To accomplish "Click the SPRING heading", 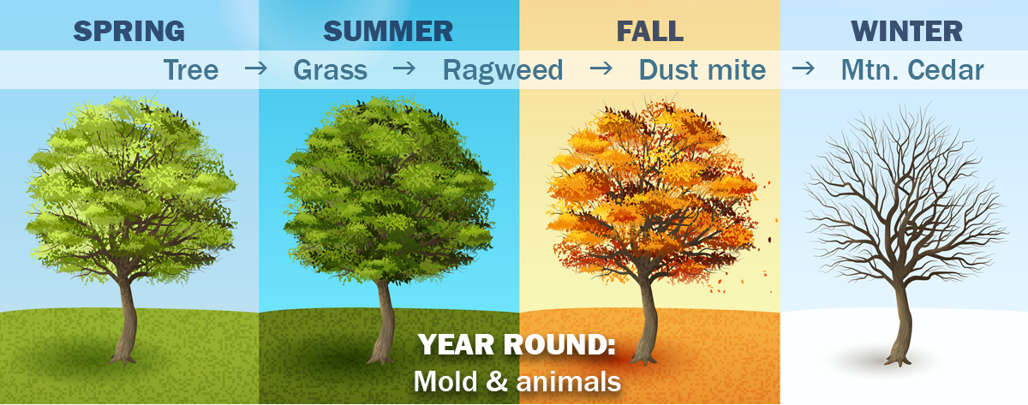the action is click(x=129, y=31).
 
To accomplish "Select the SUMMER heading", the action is click(x=388, y=31).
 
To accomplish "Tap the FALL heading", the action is click(x=650, y=31).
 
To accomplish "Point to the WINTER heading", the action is click(x=906, y=31).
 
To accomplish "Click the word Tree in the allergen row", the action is click(x=191, y=70).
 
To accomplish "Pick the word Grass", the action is click(x=331, y=70).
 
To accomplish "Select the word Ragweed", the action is click(x=503, y=71).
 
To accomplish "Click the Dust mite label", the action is click(x=702, y=70).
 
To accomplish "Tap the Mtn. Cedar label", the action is click(x=912, y=70).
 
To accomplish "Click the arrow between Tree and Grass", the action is click(x=255, y=68).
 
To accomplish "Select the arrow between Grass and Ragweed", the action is click(x=404, y=68).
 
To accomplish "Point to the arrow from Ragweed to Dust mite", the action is click(x=601, y=68).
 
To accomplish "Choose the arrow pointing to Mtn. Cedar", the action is click(x=804, y=68).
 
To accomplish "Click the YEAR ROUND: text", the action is click(x=517, y=344).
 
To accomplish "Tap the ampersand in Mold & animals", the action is click(x=497, y=382).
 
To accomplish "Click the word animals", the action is click(x=569, y=382).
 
